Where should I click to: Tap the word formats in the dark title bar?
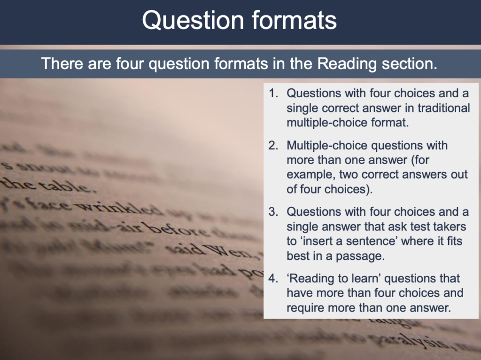pyautogui.click(x=290, y=21)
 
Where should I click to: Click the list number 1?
pyautogui.click(x=273, y=94)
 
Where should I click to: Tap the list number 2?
pyautogui.click(x=273, y=146)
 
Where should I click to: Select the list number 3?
pyautogui.click(x=273, y=212)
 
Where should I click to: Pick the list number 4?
pyautogui.click(x=273, y=279)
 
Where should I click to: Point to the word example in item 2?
pyautogui.click(x=310, y=175)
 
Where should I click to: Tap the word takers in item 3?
pyautogui.click(x=449, y=227)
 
